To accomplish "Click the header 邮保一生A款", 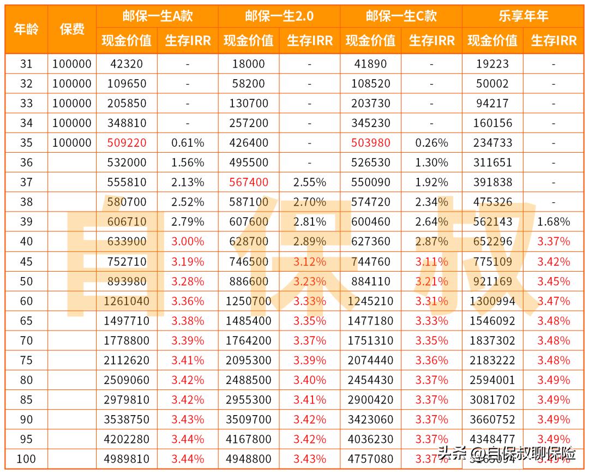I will (x=157, y=16).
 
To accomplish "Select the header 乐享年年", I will (x=523, y=16).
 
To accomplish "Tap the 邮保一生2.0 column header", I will (x=279, y=16).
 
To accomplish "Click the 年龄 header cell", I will (x=26, y=29).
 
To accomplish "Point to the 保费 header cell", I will (x=72, y=29).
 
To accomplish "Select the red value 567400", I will (x=249, y=182).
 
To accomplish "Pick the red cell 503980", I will (x=371, y=143).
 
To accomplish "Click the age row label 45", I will (x=26, y=261).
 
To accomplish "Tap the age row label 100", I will (x=26, y=459).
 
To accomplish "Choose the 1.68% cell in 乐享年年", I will (x=554, y=221).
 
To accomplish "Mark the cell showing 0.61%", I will (x=188, y=143).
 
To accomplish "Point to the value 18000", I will (x=249, y=64).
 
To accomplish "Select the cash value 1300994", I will (x=492, y=301).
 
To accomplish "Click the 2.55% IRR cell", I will (x=310, y=182).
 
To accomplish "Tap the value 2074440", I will (x=371, y=360).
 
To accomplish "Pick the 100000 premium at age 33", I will (x=72, y=103).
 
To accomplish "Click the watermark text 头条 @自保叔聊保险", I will (x=507, y=453).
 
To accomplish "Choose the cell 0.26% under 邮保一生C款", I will (x=432, y=143).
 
